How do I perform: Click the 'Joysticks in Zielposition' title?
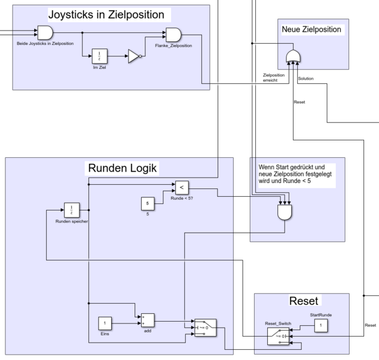click(106, 14)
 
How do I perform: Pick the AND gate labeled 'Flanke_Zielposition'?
click(173, 35)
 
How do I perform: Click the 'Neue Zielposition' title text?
click(311, 29)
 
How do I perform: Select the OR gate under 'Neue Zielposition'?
click(293, 56)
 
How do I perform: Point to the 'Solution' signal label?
click(305, 78)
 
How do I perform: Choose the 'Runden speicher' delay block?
click(72, 211)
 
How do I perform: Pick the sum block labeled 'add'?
click(147, 321)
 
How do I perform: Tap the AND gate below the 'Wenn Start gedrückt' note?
click(285, 212)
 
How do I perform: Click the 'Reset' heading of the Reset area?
click(303, 301)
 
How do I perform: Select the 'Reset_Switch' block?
click(279, 337)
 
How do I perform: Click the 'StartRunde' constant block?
click(321, 326)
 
